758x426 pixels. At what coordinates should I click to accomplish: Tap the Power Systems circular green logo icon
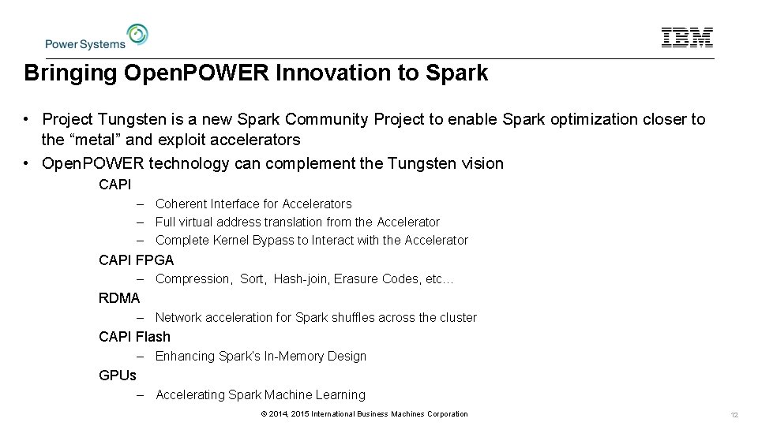[x=137, y=35]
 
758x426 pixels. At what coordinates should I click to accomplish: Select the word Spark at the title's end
[x=457, y=74]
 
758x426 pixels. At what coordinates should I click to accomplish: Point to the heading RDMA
[x=119, y=297]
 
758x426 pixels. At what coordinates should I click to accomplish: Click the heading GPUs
[x=118, y=375]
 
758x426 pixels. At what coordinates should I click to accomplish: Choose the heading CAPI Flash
[x=134, y=336]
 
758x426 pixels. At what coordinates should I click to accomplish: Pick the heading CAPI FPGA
[x=137, y=259]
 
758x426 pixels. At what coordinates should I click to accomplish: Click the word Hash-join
[x=303, y=278]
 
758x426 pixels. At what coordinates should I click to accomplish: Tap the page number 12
[x=734, y=415]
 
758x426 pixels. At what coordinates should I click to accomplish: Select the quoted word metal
[x=91, y=140]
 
